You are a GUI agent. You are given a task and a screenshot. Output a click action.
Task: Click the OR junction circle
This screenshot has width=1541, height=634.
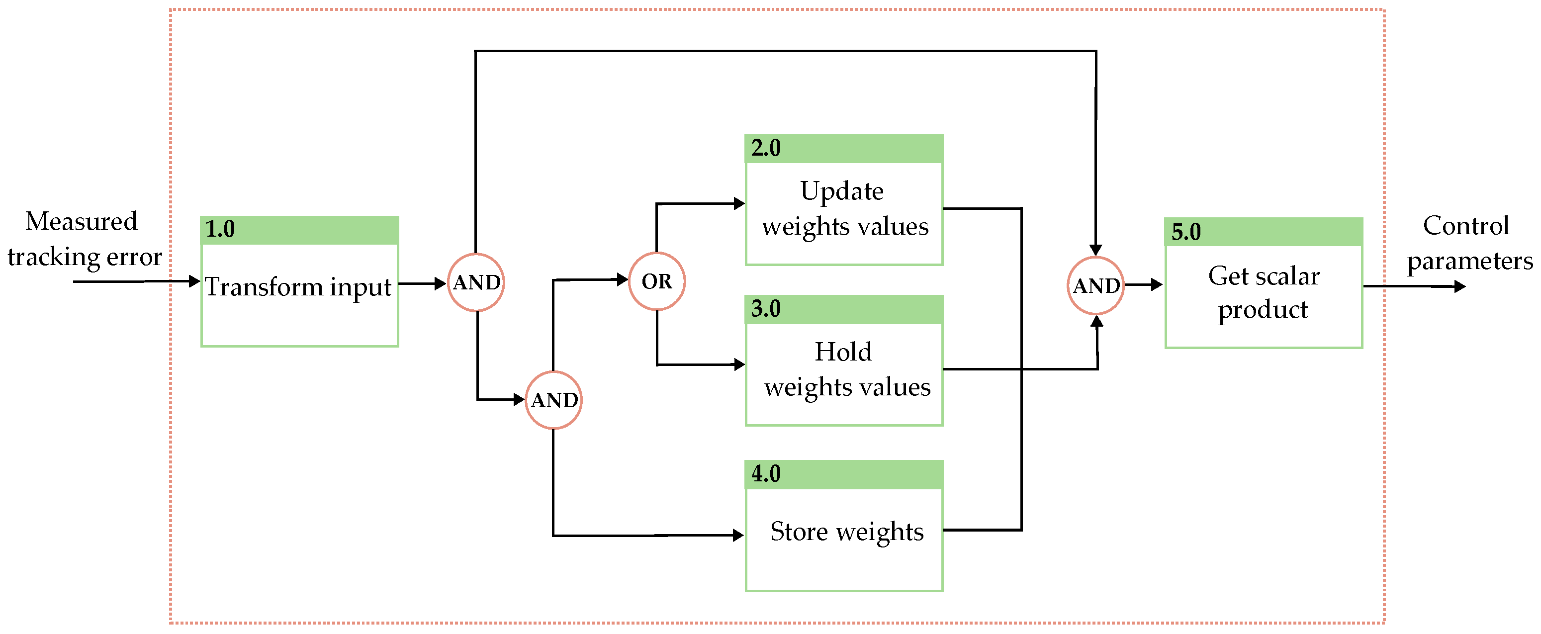(656, 281)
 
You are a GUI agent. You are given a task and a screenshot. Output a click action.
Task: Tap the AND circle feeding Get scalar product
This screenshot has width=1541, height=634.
(1095, 286)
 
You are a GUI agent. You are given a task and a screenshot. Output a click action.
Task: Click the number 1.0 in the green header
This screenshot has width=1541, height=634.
(220, 229)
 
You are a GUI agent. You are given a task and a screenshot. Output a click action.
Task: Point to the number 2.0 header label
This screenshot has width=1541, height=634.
(765, 148)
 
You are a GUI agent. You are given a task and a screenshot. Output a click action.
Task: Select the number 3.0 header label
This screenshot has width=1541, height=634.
(765, 309)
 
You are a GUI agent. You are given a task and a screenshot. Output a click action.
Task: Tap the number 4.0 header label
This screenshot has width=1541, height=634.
(765, 474)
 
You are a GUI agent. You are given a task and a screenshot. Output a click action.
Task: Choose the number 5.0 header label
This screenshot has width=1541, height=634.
(1185, 232)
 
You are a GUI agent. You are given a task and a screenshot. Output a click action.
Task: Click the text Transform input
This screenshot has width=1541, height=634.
(298, 287)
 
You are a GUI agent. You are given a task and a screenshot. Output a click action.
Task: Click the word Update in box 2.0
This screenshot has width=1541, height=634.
(842, 191)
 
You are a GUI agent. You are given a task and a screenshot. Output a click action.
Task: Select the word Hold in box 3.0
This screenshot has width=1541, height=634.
(843, 352)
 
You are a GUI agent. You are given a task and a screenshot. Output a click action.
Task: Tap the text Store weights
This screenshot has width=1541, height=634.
(846, 532)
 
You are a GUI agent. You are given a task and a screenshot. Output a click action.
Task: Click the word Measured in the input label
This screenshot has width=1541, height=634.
(82, 221)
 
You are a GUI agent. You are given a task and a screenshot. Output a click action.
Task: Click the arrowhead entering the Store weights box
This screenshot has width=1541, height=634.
(738, 536)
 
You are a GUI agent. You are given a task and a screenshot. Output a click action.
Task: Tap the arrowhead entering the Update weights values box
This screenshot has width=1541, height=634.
(739, 203)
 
